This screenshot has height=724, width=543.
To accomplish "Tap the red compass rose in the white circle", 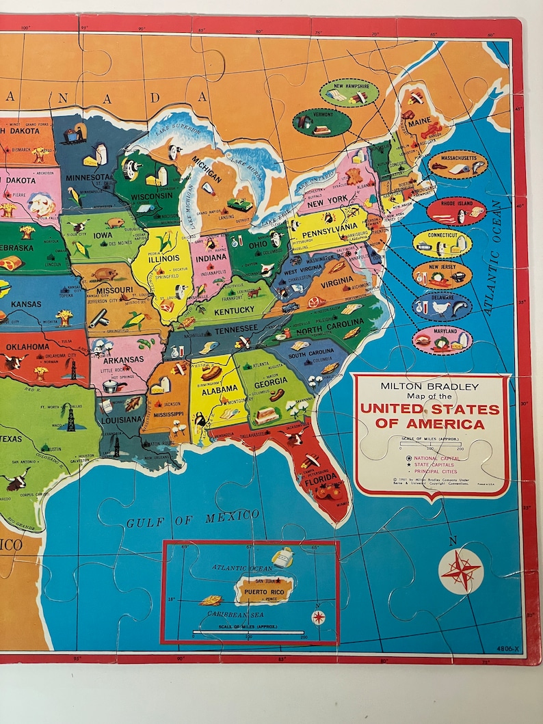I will pyautogui.click(x=460, y=570).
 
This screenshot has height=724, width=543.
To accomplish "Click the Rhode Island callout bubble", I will pyautogui.click(x=457, y=212).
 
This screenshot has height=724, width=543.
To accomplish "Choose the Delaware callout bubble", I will pyautogui.click(x=442, y=306).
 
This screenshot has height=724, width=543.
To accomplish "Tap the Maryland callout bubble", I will pyautogui.click(x=442, y=339).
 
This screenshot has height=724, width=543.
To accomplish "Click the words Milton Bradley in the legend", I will pyautogui.click(x=430, y=386).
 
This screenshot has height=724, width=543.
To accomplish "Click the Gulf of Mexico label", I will pyautogui.click(x=183, y=520).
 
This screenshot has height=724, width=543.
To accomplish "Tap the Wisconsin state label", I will pyautogui.click(x=152, y=196).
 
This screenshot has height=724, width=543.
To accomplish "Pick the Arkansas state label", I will pyautogui.click(x=124, y=359).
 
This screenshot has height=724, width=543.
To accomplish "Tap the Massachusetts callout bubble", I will pyautogui.click(x=458, y=165).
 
